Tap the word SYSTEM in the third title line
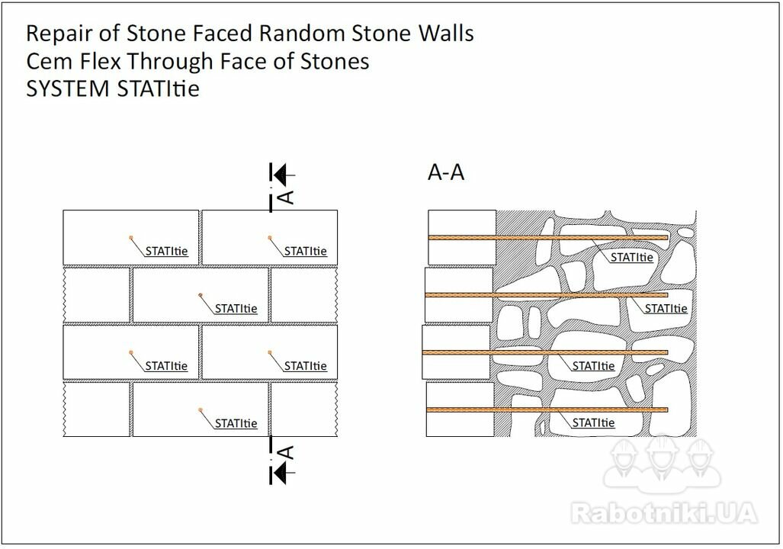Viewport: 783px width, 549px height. coord(68,89)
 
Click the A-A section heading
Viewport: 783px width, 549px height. coord(446,172)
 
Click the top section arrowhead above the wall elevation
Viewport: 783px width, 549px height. coord(281,175)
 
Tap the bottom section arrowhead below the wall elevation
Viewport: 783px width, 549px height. coord(281,472)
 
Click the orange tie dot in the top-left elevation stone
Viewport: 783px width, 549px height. coord(131,237)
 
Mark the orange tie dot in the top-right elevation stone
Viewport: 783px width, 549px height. coord(270,237)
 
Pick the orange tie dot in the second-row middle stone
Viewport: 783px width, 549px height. coord(201,295)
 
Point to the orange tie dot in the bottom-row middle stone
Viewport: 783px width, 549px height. coord(201,409)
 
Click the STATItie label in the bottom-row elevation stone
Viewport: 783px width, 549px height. coord(236,423)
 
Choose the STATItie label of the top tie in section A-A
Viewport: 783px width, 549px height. coord(632,257)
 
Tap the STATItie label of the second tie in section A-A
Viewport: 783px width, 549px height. coord(666,309)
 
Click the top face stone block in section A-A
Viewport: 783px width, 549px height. coord(462,237)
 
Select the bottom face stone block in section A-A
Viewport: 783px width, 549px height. coord(460,409)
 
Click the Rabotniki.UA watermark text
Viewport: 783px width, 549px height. coord(663,512)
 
